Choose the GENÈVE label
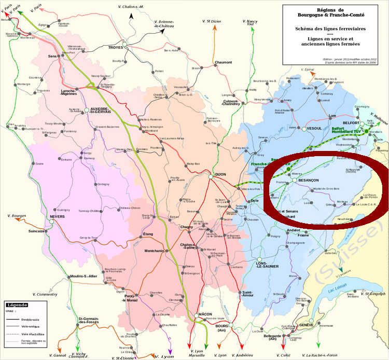(x=307, y=325)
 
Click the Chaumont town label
(x=224, y=62)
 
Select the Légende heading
(x=17, y=305)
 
